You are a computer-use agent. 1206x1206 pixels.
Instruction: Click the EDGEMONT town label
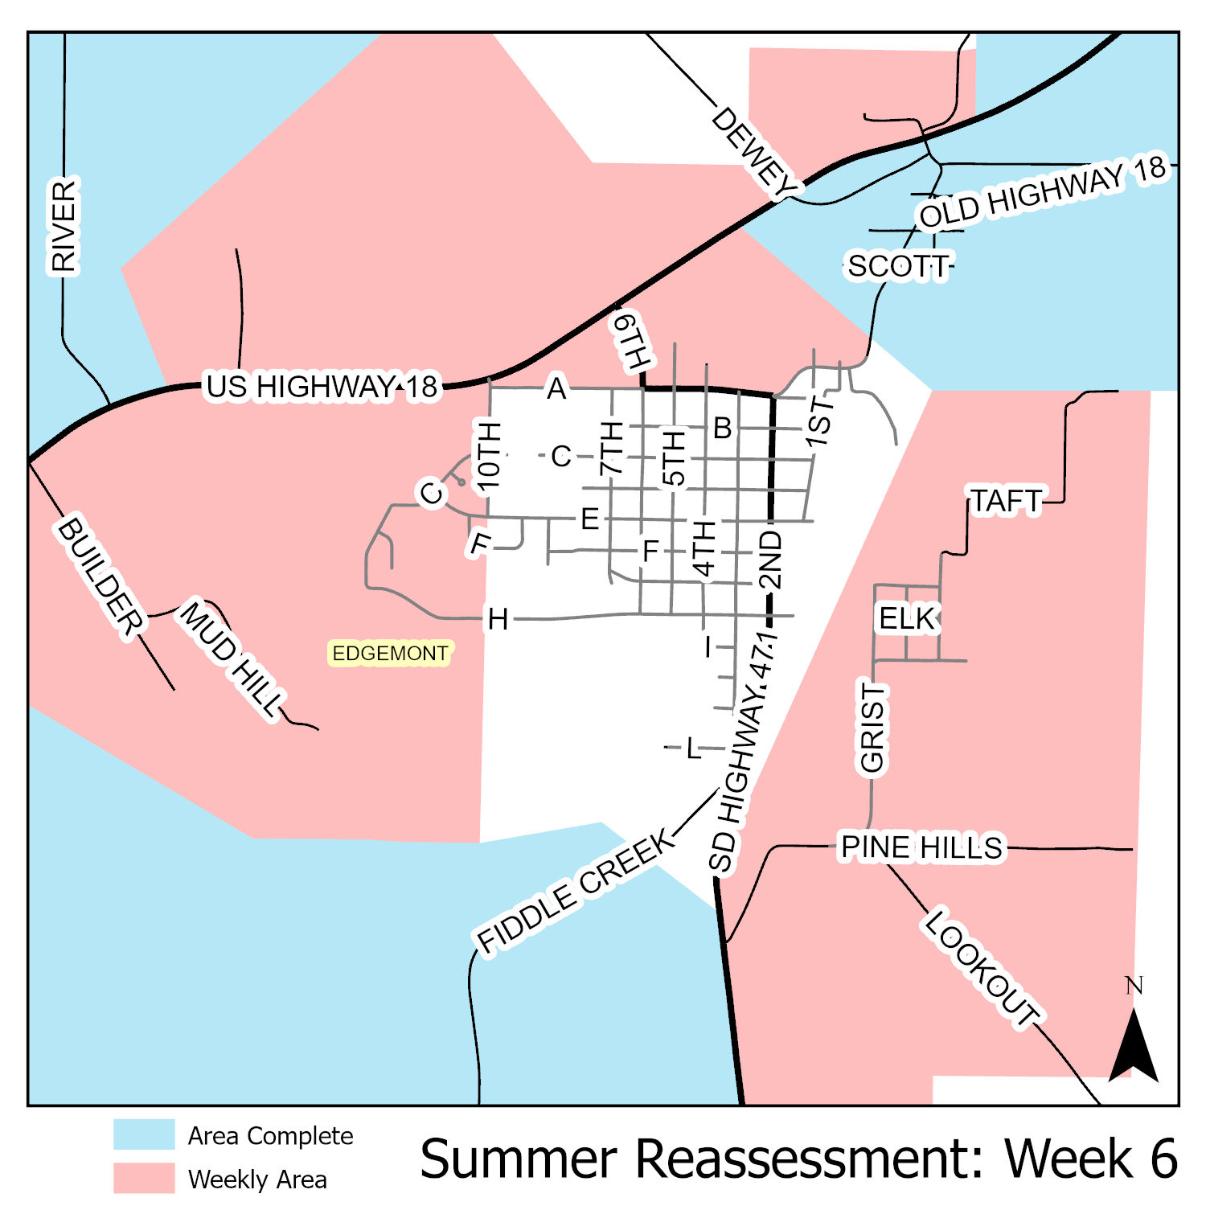[390, 653]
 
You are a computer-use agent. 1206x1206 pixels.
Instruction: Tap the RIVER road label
[64, 226]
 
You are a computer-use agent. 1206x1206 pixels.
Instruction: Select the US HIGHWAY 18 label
[322, 387]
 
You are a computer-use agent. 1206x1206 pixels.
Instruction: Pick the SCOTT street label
[897, 266]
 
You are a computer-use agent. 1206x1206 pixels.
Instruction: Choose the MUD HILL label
[232, 658]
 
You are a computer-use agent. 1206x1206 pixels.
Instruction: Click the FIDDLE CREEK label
[576, 891]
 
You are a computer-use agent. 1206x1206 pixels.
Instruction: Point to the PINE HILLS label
[921, 847]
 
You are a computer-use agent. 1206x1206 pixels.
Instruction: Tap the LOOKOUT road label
[982, 967]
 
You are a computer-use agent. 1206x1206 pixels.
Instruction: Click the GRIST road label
[872, 728]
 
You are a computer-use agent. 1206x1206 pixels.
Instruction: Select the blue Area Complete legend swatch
[144, 1134]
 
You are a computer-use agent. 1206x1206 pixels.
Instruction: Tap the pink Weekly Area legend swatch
[144, 1178]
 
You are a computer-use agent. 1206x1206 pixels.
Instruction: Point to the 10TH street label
[489, 456]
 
